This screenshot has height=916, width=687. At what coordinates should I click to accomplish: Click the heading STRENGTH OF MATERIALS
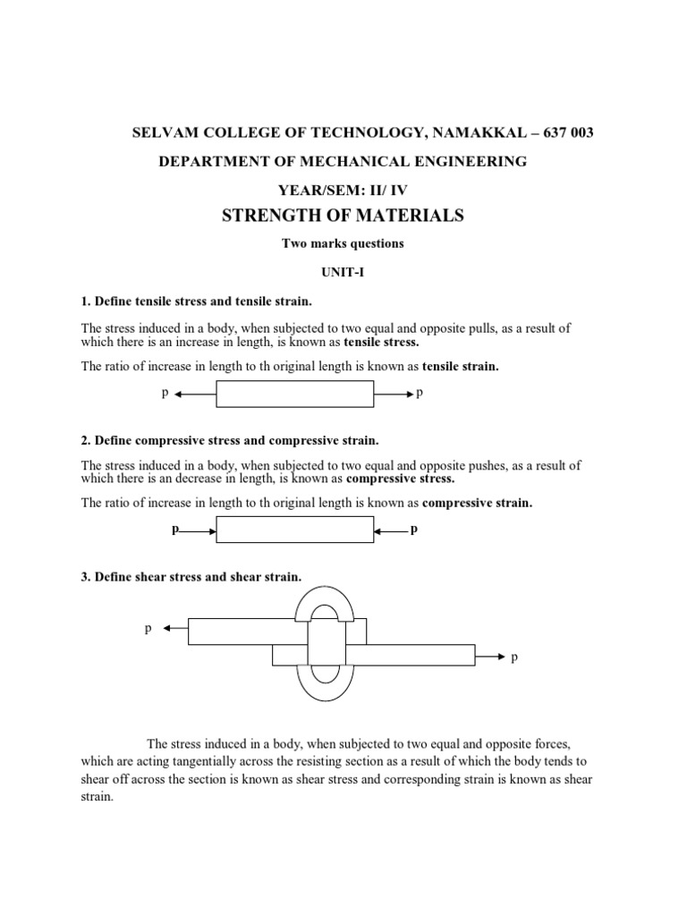343,215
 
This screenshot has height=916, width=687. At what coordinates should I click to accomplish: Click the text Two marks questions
343,242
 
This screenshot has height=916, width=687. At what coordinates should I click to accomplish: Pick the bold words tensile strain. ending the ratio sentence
461,367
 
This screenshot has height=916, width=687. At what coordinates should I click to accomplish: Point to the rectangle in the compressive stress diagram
295,530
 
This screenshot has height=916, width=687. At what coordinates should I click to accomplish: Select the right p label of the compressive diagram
413,530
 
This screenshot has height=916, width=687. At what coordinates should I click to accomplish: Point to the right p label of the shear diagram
514,657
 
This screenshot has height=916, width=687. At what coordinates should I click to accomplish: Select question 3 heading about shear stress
191,577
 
